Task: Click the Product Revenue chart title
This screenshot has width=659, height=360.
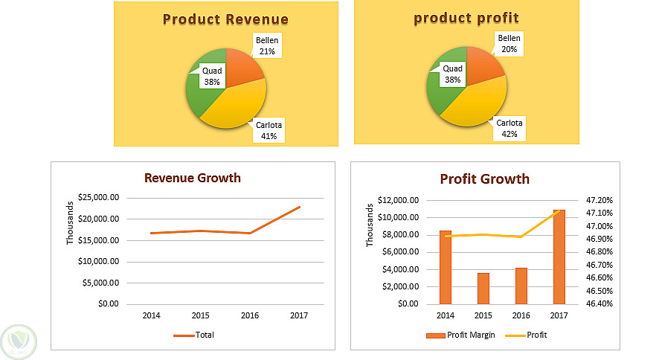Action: pyautogui.click(x=225, y=19)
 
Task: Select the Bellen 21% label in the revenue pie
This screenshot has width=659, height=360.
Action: pyautogui.click(x=266, y=45)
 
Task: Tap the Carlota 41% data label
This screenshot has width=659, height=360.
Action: pyautogui.click(x=269, y=131)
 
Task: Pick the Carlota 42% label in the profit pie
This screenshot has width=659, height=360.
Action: pyautogui.click(x=509, y=129)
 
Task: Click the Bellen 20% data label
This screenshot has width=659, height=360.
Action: pyautogui.click(x=509, y=44)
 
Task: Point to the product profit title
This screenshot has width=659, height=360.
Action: pyautogui.click(x=466, y=18)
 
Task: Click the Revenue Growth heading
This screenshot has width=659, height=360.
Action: pyautogui.click(x=193, y=178)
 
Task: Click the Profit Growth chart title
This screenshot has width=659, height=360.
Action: pyautogui.click(x=485, y=179)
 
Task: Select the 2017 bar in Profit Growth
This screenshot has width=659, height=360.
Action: pyautogui.click(x=559, y=257)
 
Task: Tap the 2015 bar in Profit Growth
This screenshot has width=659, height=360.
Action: pyautogui.click(x=483, y=289)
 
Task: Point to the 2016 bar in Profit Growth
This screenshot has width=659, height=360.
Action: pyautogui.click(x=521, y=286)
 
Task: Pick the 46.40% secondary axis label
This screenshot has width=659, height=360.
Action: pyautogui.click(x=599, y=303)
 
